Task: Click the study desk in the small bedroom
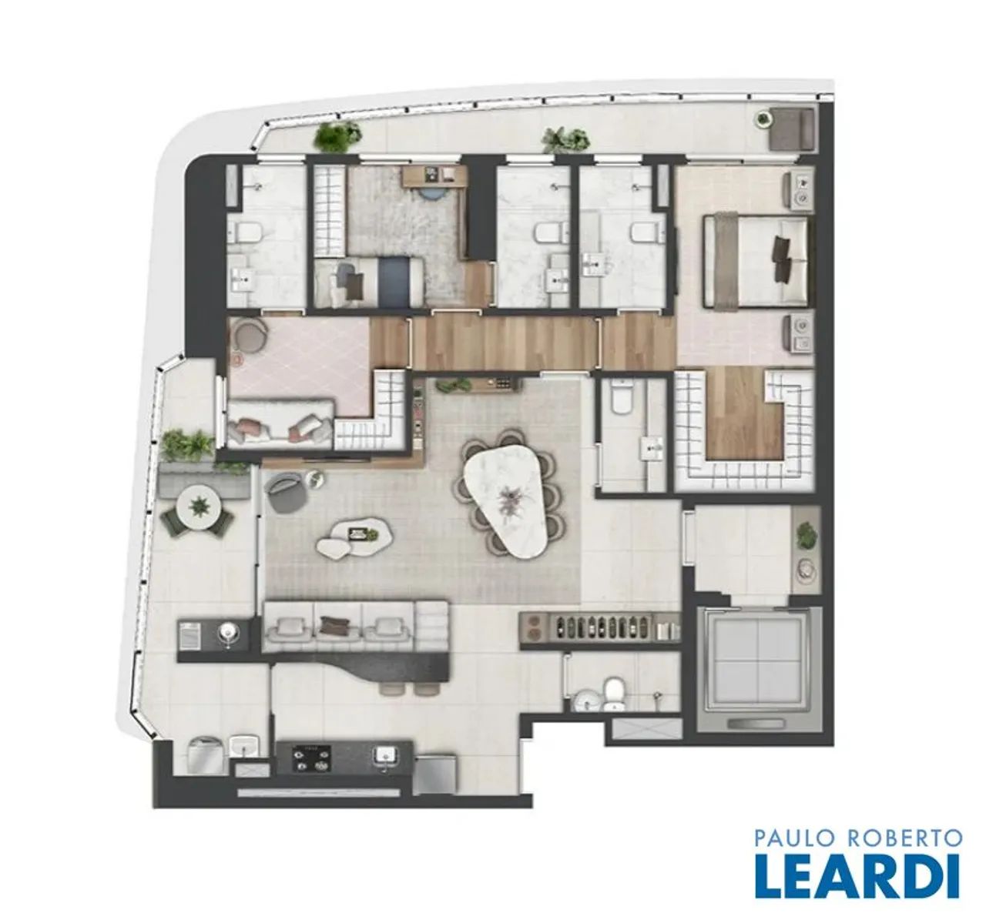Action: tap(434, 176)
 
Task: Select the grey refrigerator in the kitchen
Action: tap(435, 774)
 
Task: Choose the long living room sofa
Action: tap(356, 627)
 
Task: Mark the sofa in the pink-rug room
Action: tap(281, 428)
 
